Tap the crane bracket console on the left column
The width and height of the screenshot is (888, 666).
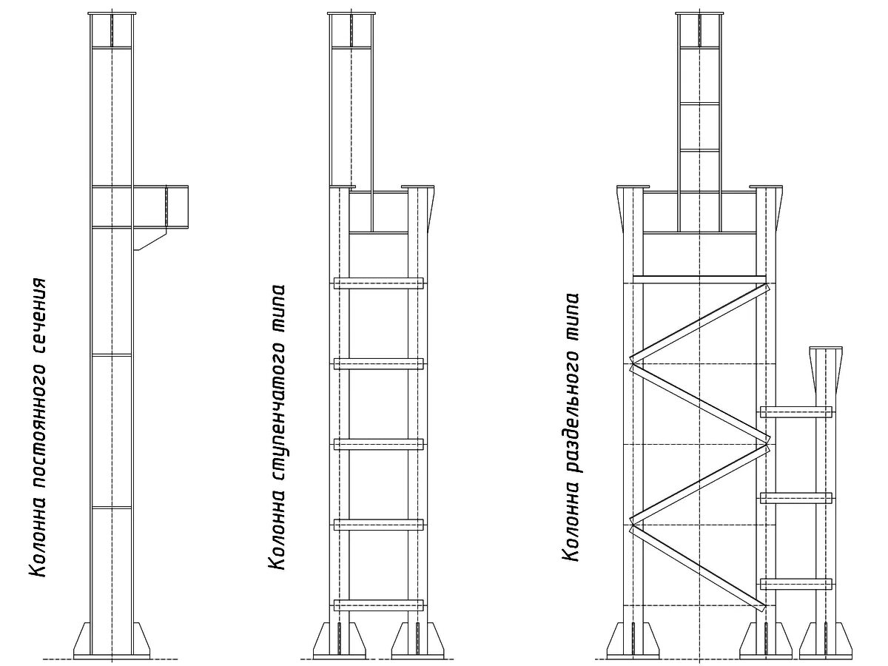coord(161,207)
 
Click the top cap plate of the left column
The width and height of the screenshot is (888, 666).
coord(112,13)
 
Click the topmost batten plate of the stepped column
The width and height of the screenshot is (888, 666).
coord(378,283)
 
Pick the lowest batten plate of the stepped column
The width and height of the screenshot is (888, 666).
coord(378,605)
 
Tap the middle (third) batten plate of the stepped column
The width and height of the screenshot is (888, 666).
coord(378,444)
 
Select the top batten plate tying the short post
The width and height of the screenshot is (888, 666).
coord(795,411)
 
